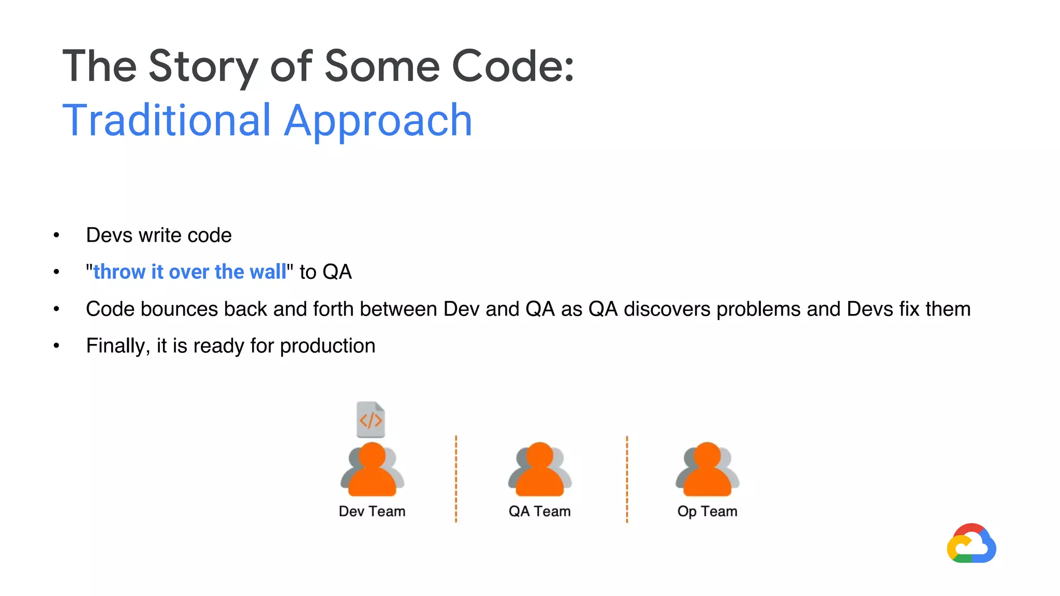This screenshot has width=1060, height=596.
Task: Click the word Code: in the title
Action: point(513,66)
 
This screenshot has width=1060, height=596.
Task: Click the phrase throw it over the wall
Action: point(189,272)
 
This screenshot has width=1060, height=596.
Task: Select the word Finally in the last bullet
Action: point(117,346)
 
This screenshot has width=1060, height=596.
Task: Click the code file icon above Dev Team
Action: point(371,420)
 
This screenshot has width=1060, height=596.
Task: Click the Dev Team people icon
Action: point(372,469)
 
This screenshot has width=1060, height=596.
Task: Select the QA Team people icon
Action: point(540,469)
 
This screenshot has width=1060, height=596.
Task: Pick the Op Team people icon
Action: point(708,469)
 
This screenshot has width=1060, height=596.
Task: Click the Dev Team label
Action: point(372,511)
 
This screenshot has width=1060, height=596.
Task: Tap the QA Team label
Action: point(540,511)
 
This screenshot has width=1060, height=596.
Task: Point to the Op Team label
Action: point(708,511)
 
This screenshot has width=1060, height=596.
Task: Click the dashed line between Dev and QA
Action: point(456,479)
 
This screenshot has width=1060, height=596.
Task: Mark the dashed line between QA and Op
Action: point(627,479)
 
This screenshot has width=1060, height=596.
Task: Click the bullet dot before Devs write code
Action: point(56,235)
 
